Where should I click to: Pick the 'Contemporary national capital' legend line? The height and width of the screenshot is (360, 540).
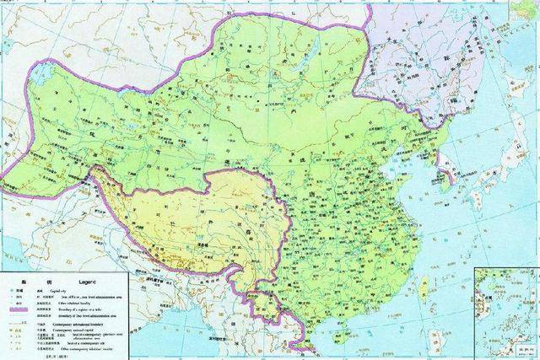coord(88,330)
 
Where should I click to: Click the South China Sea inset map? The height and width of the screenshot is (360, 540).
coord(506,312)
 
